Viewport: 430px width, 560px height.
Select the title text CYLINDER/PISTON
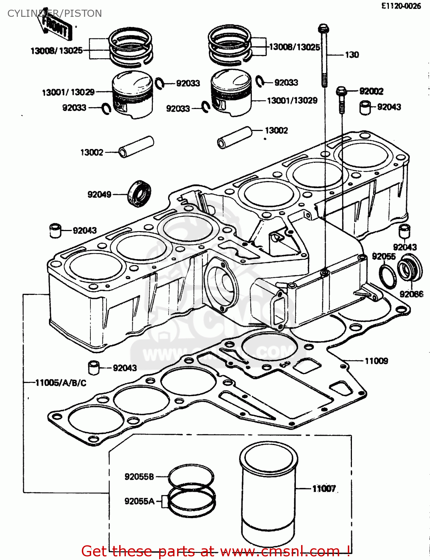coord(55,13)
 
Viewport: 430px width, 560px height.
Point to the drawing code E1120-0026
coord(401,6)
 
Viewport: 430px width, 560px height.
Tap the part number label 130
coord(352,55)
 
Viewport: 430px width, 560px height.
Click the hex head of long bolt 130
coord(323,28)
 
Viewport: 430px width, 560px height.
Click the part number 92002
coord(371,91)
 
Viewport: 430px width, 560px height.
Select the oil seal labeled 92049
coord(140,193)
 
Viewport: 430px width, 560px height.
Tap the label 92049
coord(99,195)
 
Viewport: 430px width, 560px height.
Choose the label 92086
coord(411,294)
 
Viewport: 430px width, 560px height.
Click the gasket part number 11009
coord(376,361)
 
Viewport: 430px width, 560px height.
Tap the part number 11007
coord(324,488)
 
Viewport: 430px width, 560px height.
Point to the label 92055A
coord(139,501)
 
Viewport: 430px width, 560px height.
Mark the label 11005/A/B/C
coord(61,383)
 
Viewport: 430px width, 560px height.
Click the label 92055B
coord(139,477)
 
